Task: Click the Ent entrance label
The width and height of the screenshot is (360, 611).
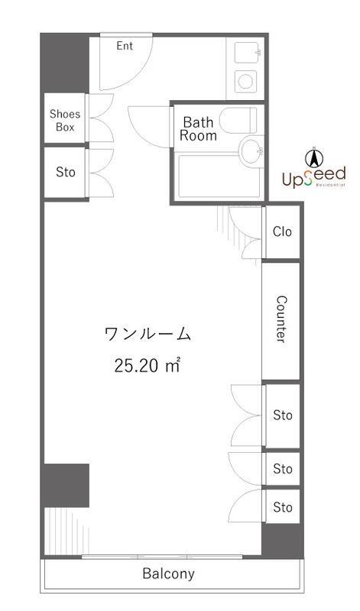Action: [x=125, y=47]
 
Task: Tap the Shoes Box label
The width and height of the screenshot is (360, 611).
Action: [x=65, y=121]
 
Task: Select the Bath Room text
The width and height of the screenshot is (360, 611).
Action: [x=199, y=128]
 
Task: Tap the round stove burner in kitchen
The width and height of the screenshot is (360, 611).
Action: [x=246, y=79]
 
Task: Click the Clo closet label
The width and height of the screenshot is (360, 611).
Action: [x=282, y=231]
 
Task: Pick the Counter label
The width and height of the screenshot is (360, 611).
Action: [x=281, y=320]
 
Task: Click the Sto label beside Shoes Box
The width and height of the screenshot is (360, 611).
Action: [x=66, y=173]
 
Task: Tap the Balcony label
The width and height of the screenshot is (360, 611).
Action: [x=168, y=574]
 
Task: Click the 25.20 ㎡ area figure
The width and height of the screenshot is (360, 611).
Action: [x=147, y=365]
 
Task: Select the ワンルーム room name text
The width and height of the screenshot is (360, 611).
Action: [x=147, y=334]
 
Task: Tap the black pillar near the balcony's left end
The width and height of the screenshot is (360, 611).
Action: [x=66, y=486]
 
